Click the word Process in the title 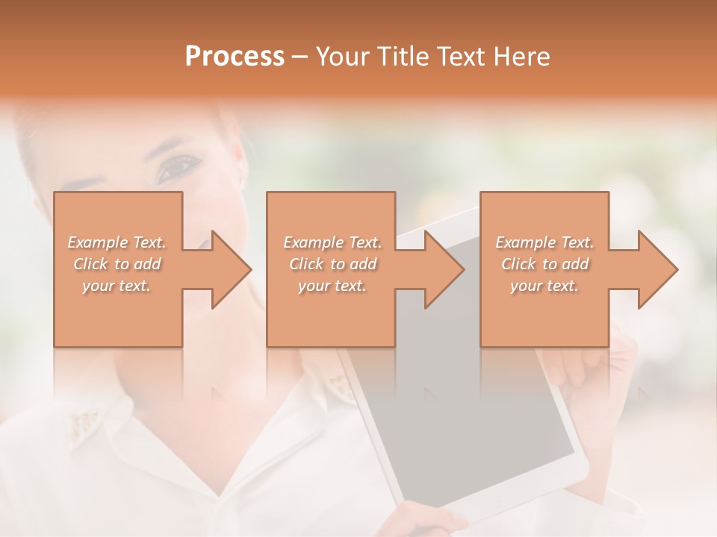[235, 57]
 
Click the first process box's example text [117, 264]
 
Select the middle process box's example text [332, 264]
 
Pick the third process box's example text [544, 264]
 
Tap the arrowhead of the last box [657, 269]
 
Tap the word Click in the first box [91, 264]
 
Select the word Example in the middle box [308, 242]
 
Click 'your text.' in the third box [544, 286]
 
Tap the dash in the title [300, 57]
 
